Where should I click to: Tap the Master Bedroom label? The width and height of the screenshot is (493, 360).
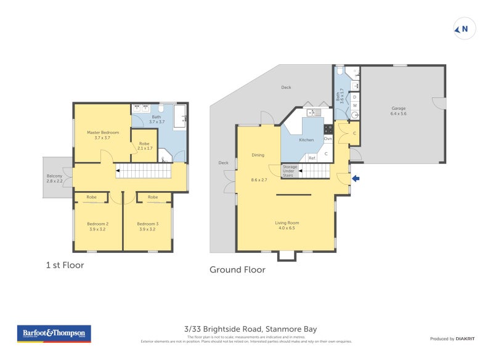(x=102, y=135)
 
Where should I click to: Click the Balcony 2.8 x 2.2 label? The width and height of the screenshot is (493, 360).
(x=55, y=178)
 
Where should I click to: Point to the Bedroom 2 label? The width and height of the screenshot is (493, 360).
(x=97, y=226)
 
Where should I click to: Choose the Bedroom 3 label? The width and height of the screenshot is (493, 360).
(x=148, y=226)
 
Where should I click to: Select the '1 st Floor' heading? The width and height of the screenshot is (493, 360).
(x=65, y=265)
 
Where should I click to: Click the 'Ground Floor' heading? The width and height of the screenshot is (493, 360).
(x=237, y=269)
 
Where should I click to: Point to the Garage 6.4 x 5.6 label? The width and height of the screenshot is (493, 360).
(x=399, y=111)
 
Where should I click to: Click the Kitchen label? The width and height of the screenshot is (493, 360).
(x=306, y=141)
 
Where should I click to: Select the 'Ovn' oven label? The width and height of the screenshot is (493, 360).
(x=328, y=139)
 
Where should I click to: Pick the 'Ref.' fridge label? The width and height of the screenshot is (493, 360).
(x=312, y=158)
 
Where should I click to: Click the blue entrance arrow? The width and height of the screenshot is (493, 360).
(x=355, y=179)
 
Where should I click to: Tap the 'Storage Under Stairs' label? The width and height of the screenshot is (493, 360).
(x=289, y=171)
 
